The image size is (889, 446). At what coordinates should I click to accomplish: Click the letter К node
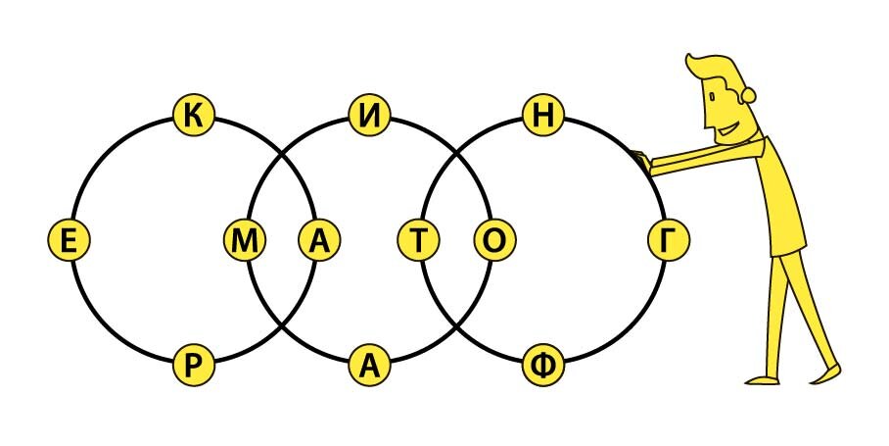[x=193, y=115]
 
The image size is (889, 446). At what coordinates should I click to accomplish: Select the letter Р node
[x=193, y=365]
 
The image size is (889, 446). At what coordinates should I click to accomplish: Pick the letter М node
[x=245, y=240]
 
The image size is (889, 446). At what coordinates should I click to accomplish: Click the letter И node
[x=369, y=115]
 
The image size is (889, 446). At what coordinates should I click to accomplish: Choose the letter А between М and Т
[x=317, y=240]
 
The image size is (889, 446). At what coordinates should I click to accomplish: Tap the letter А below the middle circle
[x=369, y=365]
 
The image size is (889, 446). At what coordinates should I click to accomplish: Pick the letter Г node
[x=668, y=240]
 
